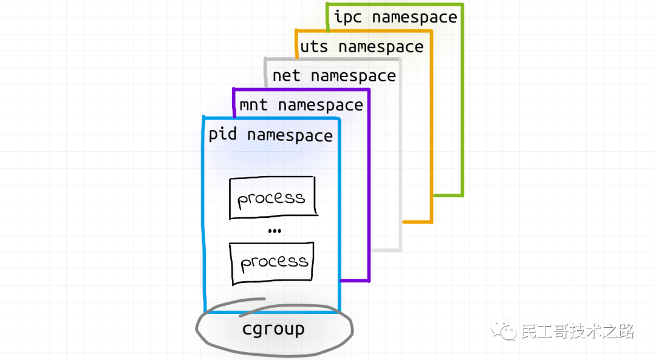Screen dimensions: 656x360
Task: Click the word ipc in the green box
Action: coord(347,17)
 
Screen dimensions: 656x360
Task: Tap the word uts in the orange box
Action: coord(314,46)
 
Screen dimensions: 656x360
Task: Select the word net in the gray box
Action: coord(286,76)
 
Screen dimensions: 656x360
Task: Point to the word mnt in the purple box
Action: coord(253,104)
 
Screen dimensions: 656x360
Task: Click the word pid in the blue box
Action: coord(222,135)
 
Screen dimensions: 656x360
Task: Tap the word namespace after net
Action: coord(353,76)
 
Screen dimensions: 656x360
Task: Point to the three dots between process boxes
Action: coord(275,231)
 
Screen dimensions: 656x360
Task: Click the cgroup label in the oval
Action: coord(273,329)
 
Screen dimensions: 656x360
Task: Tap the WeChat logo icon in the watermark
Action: coord(504,330)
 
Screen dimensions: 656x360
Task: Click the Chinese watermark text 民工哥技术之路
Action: coord(578,331)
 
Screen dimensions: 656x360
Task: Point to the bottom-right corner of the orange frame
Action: coord(431,222)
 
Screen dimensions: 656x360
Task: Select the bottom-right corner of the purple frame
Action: coord(369,280)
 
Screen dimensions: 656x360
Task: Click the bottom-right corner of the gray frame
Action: coord(400,250)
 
